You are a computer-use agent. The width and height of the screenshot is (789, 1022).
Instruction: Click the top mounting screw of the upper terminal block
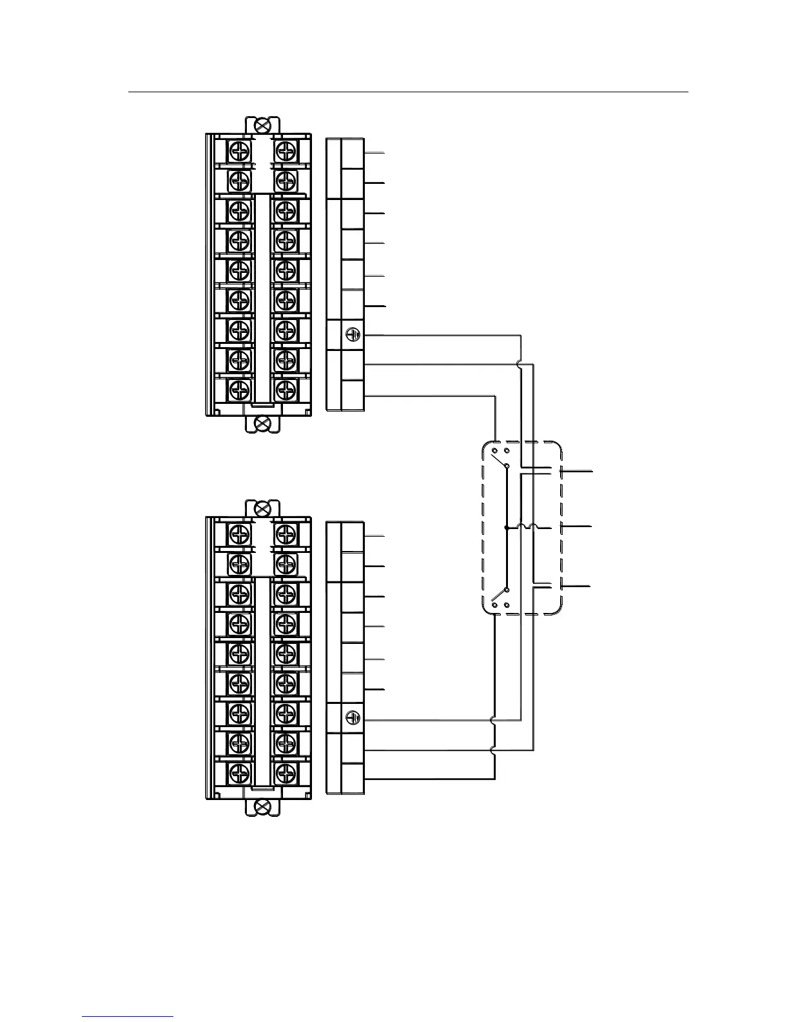click(x=262, y=125)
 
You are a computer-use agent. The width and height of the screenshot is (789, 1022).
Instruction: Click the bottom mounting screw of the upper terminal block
click(x=262, y=423)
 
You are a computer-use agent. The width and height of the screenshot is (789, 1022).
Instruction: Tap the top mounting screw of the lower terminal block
click(x=262, y=508)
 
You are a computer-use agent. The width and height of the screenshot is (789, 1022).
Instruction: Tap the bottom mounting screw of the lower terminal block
click(x=262, y=806)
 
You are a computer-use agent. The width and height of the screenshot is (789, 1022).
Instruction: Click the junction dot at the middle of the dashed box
click(x=507, y=528)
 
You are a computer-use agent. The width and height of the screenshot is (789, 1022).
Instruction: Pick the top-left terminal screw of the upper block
click(x=240, y=151)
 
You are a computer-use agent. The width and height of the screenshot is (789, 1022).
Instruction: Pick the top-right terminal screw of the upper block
click(x=284, y=151)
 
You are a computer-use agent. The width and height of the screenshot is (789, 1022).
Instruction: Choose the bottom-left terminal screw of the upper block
click(x=240, y=389)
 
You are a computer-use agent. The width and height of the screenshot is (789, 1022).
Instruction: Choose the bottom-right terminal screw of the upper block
click(x=284, y=389)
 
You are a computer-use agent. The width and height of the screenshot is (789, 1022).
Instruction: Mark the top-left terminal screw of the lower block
click(x=240, y=534)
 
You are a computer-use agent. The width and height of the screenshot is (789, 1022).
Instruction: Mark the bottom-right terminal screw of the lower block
click(x=284, y=772)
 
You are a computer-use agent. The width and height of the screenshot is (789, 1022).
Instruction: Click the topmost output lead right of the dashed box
click(x=577, y=472)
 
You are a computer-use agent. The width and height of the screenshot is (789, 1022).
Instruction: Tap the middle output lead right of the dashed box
click(x=577, y=528)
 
